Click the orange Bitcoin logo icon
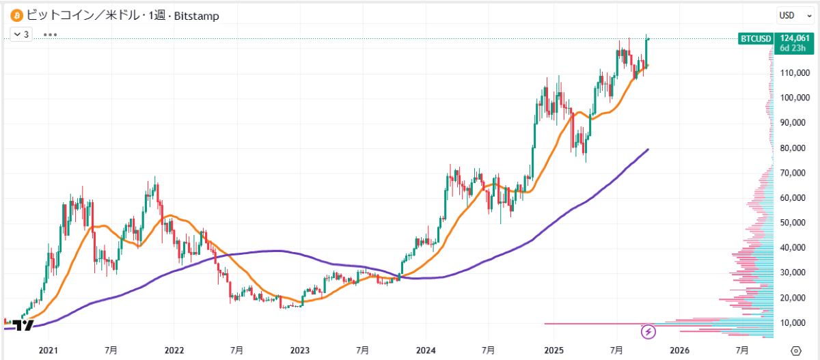pyautogui.click(x=15, y=15)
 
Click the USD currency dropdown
pyautogui.click(x=795, y=15)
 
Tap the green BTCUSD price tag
pyautogui.click(x=755, y=39)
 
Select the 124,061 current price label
pyautogui.click(x=793, y=38)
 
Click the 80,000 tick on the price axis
pyautogui.click(x=795, y=148)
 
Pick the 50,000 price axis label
pyautogui.click(x=795, y=223)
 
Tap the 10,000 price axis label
pyautogui.click(x=795, y=322)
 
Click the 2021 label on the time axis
pyautogui.click(x=48, y=350)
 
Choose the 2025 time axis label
pyautogui.click(x=553, y=350)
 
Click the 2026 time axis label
pyautogui.click(x=679, y=350)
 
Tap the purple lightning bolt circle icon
pyautogui.click(x=648, y=332)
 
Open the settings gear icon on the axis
pyautogui.click(x=795, y=350)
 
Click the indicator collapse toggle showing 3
pyautogui.click(x=22, y=33)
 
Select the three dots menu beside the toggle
pyautogui.click(x=50, y=33)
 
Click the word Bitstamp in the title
pyautogui.click(x=197, y=16)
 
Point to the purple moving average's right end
pyautogui.click(x=647, y=150)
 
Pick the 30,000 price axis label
pyautogui.click(x=795, y=273)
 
